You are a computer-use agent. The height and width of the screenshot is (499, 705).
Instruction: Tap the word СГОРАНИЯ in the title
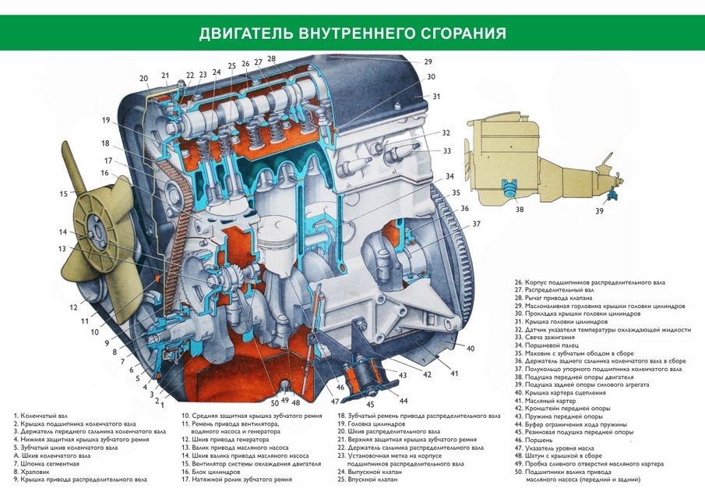click(459, 34)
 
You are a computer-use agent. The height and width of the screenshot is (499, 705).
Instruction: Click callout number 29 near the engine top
click(428, 62)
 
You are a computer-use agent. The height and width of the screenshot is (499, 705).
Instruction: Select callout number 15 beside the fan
click(64, 193)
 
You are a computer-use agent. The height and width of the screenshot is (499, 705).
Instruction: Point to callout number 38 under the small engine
click(520, 210)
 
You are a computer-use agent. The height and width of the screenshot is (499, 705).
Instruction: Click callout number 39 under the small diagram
click(599, 211)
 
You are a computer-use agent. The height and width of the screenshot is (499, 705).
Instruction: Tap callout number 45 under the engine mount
click(369, 404)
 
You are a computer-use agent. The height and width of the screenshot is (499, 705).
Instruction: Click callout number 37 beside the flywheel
click(476, 225)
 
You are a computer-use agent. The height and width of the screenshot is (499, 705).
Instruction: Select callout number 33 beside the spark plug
click(446, 151)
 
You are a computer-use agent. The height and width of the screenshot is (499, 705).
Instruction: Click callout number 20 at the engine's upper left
click(144, 79)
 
